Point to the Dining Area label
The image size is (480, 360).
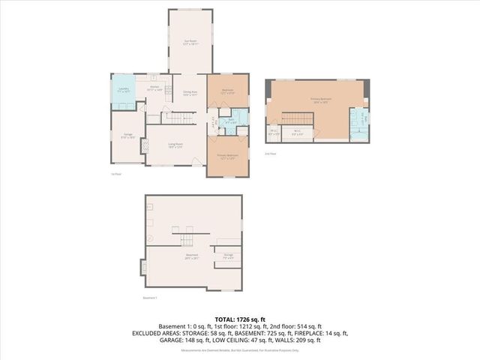pos(190,93)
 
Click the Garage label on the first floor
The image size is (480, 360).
pos(129,136)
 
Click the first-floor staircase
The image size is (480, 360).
pos(178,118)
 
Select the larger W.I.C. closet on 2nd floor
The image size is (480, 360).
pos(298,133)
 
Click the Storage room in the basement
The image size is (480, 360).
pos(228,256)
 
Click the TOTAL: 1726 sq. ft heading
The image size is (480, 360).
pos(239,319)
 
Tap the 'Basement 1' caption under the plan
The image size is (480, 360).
pos(151,298)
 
